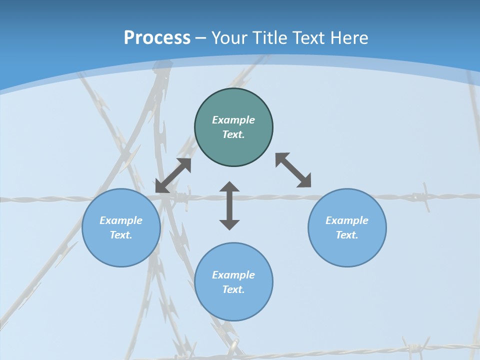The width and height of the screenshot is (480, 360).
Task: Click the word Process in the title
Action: point(157,38)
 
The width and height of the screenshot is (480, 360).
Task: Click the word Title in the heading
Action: point(271,38)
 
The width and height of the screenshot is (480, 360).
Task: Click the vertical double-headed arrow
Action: point(229,205)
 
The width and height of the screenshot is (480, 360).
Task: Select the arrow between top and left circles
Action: point(173,175)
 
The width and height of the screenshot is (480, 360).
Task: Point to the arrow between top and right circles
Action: point(293,170)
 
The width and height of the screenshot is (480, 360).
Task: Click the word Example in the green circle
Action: point(233,120)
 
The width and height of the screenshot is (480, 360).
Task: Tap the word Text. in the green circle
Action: point(233,134)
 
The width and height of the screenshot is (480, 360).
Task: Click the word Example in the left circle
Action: point(121,220)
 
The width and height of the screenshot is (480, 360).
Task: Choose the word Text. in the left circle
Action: point(121,235)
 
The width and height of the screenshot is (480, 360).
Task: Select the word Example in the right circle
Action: point(347,220)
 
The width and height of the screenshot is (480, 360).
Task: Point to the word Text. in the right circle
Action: point(347,235)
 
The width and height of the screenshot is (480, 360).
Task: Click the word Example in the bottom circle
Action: point(233,275)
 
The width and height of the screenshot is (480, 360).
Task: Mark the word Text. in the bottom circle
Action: point(233,289)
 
